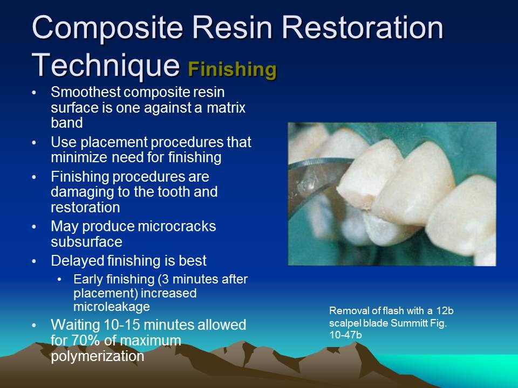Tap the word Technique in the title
tap(106, 65)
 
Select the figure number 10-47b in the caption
tap(345, 334)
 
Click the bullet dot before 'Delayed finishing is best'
tap(35, 261)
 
